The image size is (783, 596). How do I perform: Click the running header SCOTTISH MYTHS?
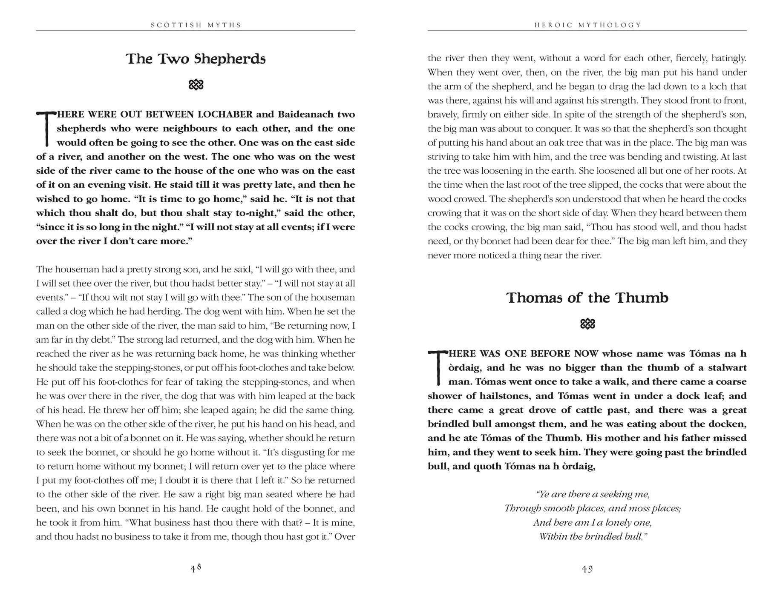coord(196,25)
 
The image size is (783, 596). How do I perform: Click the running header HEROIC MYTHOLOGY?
coord(587,25)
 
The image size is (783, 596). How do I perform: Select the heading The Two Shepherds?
coord(196,59)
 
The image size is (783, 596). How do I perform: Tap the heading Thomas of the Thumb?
coord(587,298)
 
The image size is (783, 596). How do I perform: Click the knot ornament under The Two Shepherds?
coord(196,85)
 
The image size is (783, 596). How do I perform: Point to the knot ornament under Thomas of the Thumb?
coord(587,324)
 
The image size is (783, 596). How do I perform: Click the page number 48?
coord(196,568)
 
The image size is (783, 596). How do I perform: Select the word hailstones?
coord(505,396)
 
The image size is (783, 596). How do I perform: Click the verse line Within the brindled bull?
coord(593,536)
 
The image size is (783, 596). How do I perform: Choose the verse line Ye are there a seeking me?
coord(593,494)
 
